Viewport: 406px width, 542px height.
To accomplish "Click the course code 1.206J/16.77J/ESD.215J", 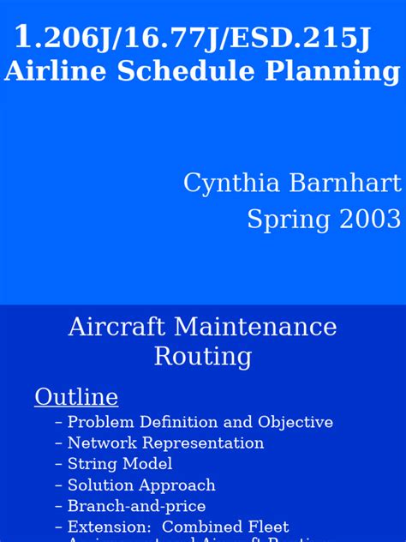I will [x=193, y=38].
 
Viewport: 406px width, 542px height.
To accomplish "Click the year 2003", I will [x=367, y=219].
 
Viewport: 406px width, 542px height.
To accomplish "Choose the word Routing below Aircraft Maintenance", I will [x=203, y=356].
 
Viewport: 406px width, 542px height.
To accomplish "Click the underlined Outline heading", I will [x=76, y=397].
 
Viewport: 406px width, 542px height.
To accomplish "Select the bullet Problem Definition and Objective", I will [x=200, y=422].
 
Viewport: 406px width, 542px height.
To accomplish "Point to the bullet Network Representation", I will [x=165, y=443].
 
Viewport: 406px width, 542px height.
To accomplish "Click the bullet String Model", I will [x=120, y=464].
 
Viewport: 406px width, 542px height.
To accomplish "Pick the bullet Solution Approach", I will [x=141, y=485].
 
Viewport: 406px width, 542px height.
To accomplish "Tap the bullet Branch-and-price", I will [x=136, y=506].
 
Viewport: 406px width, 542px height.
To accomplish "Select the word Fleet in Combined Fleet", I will [x=269, y=527].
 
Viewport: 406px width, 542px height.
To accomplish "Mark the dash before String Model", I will [x=58, y=464].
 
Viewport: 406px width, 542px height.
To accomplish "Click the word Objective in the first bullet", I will [x=300, y=423].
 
